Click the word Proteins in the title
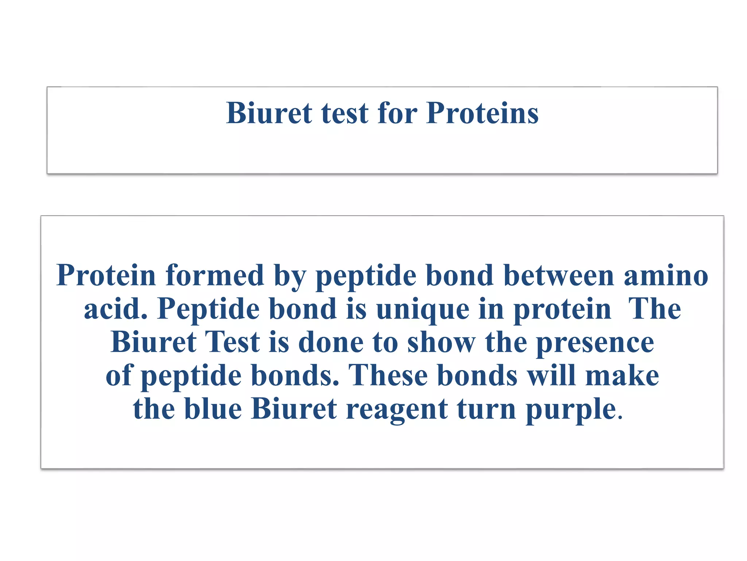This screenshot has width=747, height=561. tap(482, 113)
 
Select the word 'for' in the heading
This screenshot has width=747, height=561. tap(398, 113)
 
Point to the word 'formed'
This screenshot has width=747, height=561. tap(215, 275)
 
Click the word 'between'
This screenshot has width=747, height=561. tap(559, 275)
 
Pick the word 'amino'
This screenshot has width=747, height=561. tap(666, 275)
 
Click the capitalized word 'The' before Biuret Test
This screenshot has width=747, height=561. tap(654, 309)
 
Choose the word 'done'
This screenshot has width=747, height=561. tap(331, 342)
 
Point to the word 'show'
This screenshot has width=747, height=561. tap(441, 342)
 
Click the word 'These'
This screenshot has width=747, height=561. tap(388, 375)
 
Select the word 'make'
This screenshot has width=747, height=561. tap(622, 375)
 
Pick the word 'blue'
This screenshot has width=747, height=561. tap(213, 409)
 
